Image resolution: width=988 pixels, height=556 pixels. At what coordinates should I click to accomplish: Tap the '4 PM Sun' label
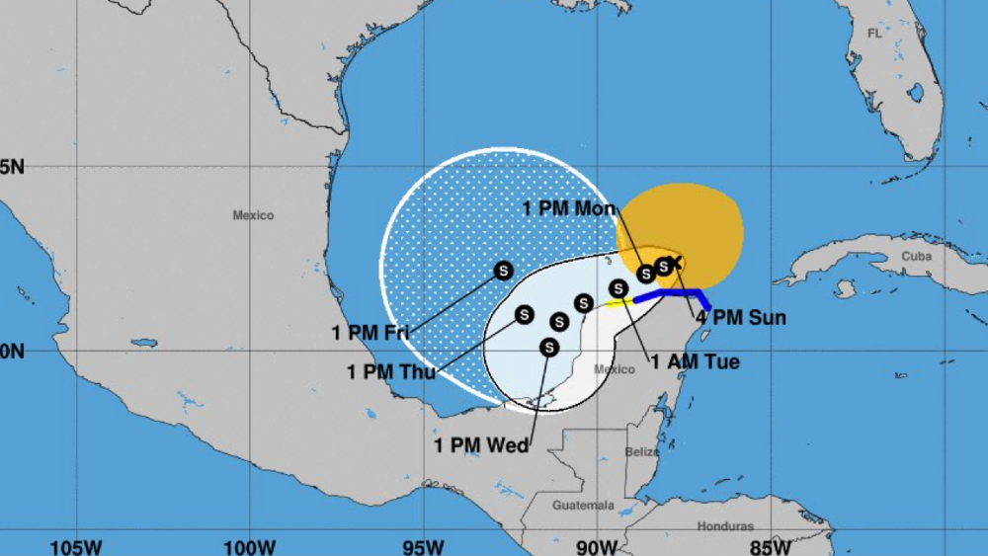(741, 318)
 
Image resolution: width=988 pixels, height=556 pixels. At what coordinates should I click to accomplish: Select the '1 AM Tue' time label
(695, 362)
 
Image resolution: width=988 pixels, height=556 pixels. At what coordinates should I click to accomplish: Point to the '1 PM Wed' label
(481, 445)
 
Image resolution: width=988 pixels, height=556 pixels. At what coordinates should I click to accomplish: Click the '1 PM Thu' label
(392, 371)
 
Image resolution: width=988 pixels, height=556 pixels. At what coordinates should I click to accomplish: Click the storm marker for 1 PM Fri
(503, 271)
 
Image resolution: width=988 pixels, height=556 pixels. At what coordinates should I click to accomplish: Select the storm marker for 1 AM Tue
(619, 288)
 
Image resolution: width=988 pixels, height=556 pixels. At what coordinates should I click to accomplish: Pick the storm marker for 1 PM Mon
(646, 274)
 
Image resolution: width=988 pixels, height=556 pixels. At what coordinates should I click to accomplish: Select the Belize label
(641, 451)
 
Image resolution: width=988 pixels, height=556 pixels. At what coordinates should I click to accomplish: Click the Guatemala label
(582, 506)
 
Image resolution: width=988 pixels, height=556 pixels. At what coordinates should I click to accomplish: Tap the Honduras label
(724, 526)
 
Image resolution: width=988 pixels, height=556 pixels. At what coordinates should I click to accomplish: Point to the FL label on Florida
(874, 33)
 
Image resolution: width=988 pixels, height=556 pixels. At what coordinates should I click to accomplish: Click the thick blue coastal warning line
(672, 293)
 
